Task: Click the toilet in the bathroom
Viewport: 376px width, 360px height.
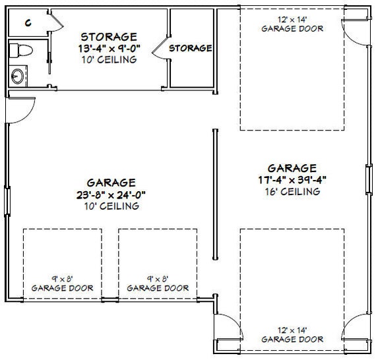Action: [x=21, y=50]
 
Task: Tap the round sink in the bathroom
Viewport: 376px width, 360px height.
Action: [x=18, y=76]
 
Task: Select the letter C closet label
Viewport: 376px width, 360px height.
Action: [x=28, y=23]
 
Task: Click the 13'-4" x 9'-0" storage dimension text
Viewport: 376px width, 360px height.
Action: [x=109, y=49]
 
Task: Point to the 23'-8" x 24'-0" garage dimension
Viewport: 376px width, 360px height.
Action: [x=111, y=195]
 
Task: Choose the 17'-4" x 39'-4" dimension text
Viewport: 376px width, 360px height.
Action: [x=292, y=180]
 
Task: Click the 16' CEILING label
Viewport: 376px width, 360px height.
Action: [x=292, y=191]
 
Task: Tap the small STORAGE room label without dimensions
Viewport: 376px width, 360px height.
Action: [x=191, y=48]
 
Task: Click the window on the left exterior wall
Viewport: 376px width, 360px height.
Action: [x=7, y=201]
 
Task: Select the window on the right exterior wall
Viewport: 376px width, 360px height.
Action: [x=369, y=179]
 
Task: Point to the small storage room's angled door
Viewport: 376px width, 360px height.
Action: [x=160, y=47]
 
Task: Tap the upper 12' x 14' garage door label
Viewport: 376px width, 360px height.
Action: [x=292, y=24]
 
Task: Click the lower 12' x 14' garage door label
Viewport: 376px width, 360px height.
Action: [x=292, y=335]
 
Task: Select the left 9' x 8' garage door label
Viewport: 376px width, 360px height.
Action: [x=63, y=284]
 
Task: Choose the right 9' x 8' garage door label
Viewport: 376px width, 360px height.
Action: [x=158, y=284]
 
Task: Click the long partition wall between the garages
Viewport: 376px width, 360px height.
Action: [x=215, y=195]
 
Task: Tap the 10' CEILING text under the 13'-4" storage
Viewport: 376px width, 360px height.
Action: [x=110, y=60]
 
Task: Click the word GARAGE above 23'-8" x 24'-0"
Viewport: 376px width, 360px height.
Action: [x=111, y=183]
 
